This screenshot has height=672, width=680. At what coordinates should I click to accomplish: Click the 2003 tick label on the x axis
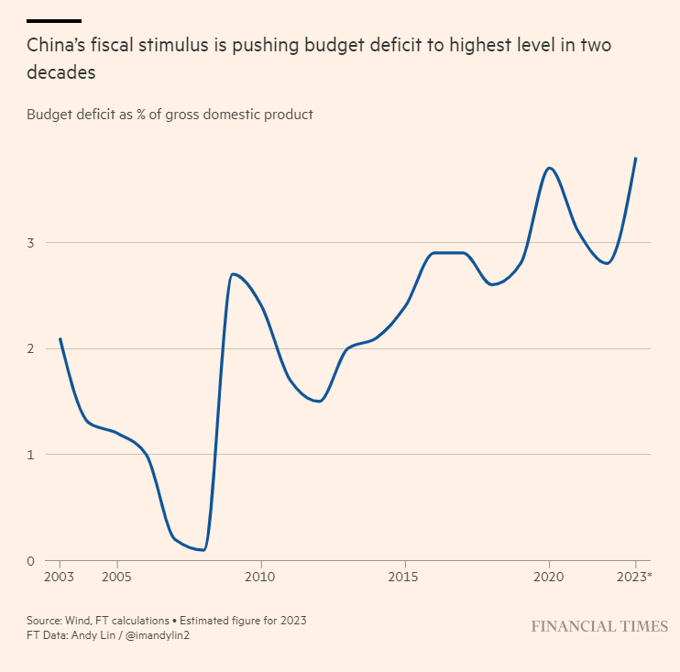point(60,577)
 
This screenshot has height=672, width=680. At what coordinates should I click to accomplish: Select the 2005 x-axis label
point(115,577)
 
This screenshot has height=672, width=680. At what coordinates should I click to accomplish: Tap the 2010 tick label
point(261,577)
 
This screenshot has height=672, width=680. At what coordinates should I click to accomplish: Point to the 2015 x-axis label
point(404,577)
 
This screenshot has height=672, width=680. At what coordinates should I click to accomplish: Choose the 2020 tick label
point(549,577)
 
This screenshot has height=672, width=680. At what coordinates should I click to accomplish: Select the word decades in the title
point(61,72)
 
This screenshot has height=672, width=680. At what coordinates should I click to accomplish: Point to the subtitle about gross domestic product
point(170,115)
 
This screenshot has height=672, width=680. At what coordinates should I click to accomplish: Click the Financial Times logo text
point(599,626)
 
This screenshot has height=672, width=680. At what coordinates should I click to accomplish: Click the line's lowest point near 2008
point(203,550)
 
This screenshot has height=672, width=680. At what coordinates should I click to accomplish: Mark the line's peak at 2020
point(549,168)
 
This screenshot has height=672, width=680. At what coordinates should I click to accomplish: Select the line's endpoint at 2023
point(636,158)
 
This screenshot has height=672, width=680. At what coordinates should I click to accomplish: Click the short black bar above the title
point(53,20)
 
